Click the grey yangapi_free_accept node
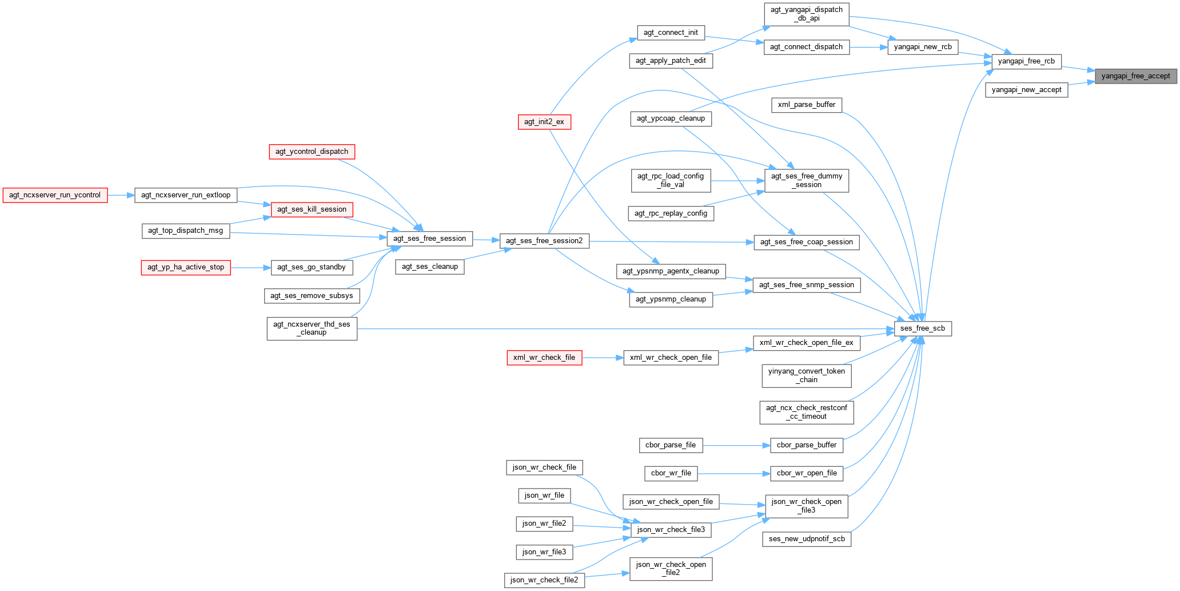tap(1135, 76)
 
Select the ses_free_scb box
tap(922, 328)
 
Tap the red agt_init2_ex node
tap(544, 122)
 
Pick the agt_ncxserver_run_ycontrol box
tap(55, 195)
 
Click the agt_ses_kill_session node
tap(312, 209)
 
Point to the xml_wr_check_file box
tap(544, 358)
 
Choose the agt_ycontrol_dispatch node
tap(312, 152)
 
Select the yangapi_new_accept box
tap(1026, 90)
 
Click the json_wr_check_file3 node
tap(671, 530)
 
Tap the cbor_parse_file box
tap(670, 445)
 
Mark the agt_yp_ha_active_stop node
tap(185, 267)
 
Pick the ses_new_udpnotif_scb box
tap(806, 539)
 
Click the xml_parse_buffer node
tap(806, 105)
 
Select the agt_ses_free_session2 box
tap(544, 241)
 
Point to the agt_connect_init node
tap(670, 33)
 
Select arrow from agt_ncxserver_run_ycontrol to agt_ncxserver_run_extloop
tap(121, 195)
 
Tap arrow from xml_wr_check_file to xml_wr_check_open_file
tap(603, 358)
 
